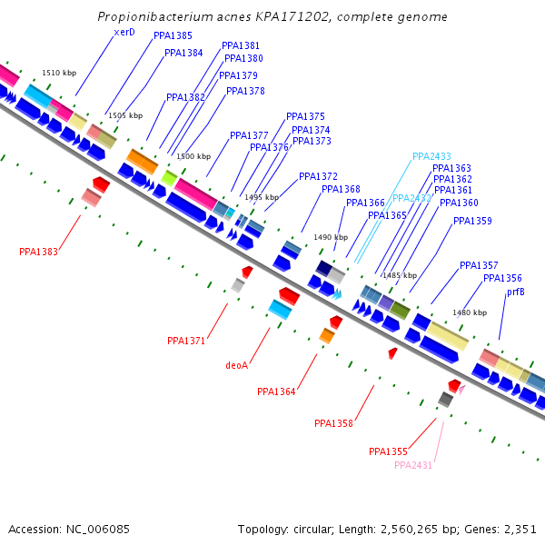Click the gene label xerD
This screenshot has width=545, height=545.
124,32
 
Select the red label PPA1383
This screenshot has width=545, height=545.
38,252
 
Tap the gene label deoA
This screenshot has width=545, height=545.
236,365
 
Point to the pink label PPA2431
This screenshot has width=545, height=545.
413,465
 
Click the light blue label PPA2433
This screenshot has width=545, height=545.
431,156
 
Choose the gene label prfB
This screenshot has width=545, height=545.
515,292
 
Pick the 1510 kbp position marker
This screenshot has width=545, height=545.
59,73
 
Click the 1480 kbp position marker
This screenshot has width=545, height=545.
470,312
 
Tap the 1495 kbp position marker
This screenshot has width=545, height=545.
262,197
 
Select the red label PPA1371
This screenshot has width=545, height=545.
186,341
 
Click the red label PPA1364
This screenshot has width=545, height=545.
276,391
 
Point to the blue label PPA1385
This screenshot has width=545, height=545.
173,35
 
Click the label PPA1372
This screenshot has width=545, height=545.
318,176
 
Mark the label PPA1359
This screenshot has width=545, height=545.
472,221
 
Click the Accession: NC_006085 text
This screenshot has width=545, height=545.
69,529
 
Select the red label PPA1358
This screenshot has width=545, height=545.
333,423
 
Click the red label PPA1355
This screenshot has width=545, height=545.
388,451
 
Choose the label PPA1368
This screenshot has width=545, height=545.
341,189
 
